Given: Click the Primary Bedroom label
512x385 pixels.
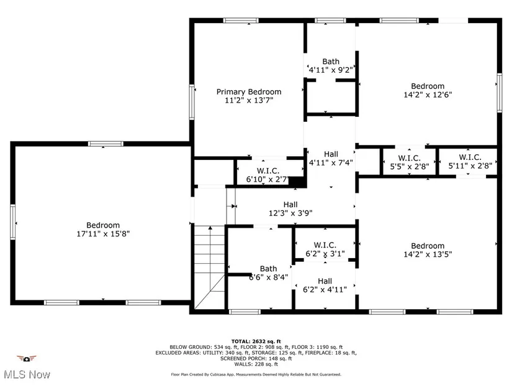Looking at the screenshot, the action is pos(249,91).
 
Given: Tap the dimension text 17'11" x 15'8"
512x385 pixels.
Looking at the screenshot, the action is pos(103,234).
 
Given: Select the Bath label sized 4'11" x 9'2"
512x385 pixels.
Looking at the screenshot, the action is pos(331,62).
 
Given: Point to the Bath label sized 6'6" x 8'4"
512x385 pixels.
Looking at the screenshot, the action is pos(268,269).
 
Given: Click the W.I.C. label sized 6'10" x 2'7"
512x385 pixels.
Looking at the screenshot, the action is pos(268,170).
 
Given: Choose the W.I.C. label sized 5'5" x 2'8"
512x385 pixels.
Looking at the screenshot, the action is pos(410,158).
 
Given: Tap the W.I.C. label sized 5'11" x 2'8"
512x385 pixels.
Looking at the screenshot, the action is pos(470,157).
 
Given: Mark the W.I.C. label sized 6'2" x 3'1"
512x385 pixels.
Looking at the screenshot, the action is pos(325,245).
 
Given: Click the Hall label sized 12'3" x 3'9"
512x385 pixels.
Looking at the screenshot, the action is pos(290,205).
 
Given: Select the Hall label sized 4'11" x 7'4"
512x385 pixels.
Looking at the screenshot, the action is pos(331,154).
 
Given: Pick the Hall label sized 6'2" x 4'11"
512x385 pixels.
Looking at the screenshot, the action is pos(325,281).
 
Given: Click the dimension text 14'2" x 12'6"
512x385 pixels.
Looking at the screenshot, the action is pos(428,95).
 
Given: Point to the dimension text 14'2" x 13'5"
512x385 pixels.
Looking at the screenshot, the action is pos(428,254).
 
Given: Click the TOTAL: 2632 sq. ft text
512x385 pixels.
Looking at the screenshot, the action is pos(256,341).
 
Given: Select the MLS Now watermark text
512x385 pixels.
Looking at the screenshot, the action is pos(27,374).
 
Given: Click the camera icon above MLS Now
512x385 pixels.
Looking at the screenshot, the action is pos(27,359).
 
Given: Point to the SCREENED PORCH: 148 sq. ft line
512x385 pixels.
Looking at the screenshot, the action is pos(256,358).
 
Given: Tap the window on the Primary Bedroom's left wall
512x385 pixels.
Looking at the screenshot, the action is pos(192,102).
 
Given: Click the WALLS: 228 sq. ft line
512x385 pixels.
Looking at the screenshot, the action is pos(256,364).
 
